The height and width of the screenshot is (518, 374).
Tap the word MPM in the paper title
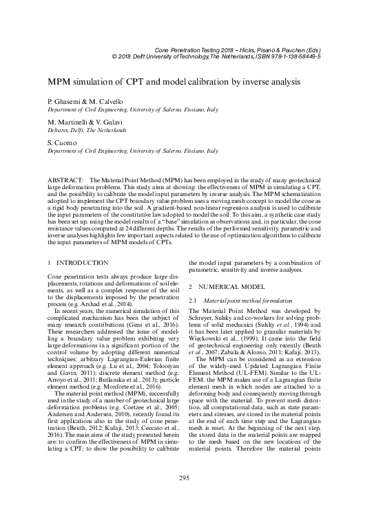tap(60, 81)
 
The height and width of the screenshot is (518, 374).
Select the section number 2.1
tap(193, 301)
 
